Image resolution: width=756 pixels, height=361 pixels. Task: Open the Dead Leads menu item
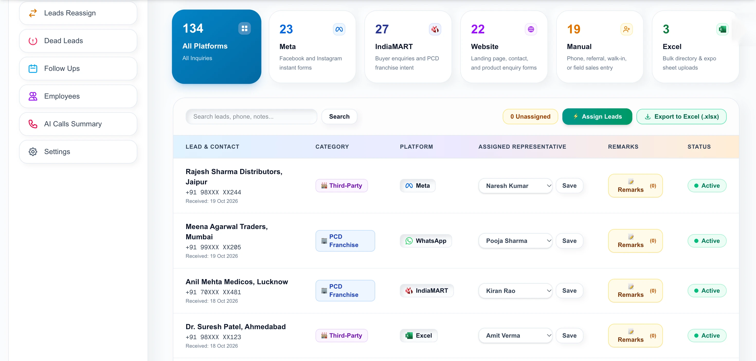pyautogui.click(x=78, y=41)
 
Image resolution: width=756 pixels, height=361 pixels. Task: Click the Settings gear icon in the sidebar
pyautogui.click(x=33, y=151)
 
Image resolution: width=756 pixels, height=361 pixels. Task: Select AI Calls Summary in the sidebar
pyautogui.click(x=78, y=124)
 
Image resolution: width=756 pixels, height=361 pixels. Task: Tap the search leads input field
pyautogui.click(x=251, y=117)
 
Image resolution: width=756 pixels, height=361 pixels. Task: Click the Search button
pyautogui.click(x=339, y=117)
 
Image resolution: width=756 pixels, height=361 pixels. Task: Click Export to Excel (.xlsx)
pyautogui.click(x=681, y=117)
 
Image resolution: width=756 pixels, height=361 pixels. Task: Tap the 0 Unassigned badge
pyautogui.click(x=530, y=117)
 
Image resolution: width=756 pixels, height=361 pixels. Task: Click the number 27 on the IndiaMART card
pyautogui.click(x=382, y=29)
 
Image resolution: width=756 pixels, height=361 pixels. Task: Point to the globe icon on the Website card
pyautogui.click(x=531, y=29)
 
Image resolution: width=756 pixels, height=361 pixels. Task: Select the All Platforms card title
pyautogui.click(x=205, y=46)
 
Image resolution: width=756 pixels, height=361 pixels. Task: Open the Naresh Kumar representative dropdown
pyautogui.click(x=515, y=186)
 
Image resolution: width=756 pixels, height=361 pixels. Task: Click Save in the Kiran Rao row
pyautogui.click(x=569, y=291)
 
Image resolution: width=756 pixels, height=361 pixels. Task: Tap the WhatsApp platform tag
pyautogui.click(x=426, y=241)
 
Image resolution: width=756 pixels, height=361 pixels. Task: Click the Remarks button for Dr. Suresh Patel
pyautogui.click(x=635, y=336)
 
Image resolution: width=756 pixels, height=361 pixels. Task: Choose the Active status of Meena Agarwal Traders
pyautogui.click(x=707, y=241)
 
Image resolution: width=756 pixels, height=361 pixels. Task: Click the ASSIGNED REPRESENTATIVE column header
pyautogui.click(x=523, y=147)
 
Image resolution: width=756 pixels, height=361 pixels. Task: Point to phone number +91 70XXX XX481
pyautogui.click(x=213, y=292)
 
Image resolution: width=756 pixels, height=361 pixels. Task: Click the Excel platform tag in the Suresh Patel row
pyautogui.click(x=419, y=336)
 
